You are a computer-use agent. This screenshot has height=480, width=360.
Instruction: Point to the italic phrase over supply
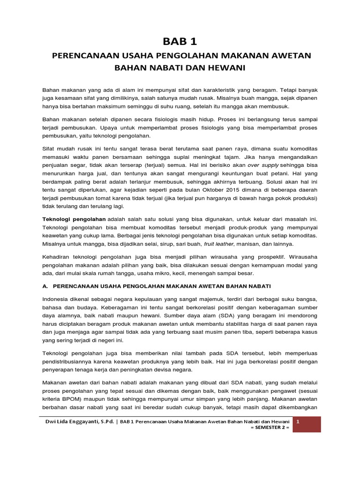point(263,165)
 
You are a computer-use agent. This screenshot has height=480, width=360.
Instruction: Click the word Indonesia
point(58,299)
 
